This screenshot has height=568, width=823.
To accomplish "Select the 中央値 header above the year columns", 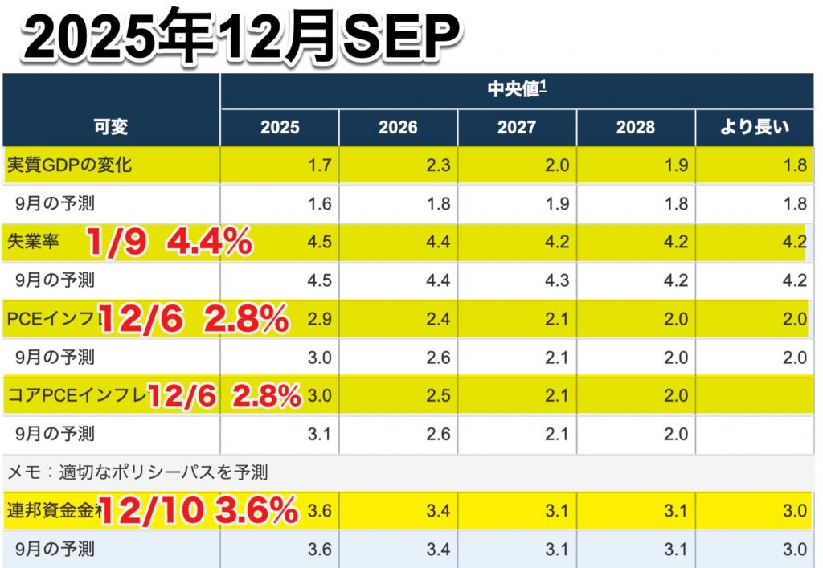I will coord(518,89).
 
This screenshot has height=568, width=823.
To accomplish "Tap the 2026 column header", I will coord(398,127).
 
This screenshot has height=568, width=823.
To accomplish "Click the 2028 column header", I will coord(635,127).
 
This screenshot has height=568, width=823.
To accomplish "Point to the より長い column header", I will coord(754,127).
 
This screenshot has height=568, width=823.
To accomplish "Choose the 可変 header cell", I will coord(111,127).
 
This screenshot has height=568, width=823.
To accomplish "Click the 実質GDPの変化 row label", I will coord(69,165).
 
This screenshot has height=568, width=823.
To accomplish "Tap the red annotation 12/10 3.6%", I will coord(198,510).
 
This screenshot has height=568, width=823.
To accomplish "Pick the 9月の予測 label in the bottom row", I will coord(55,550).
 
